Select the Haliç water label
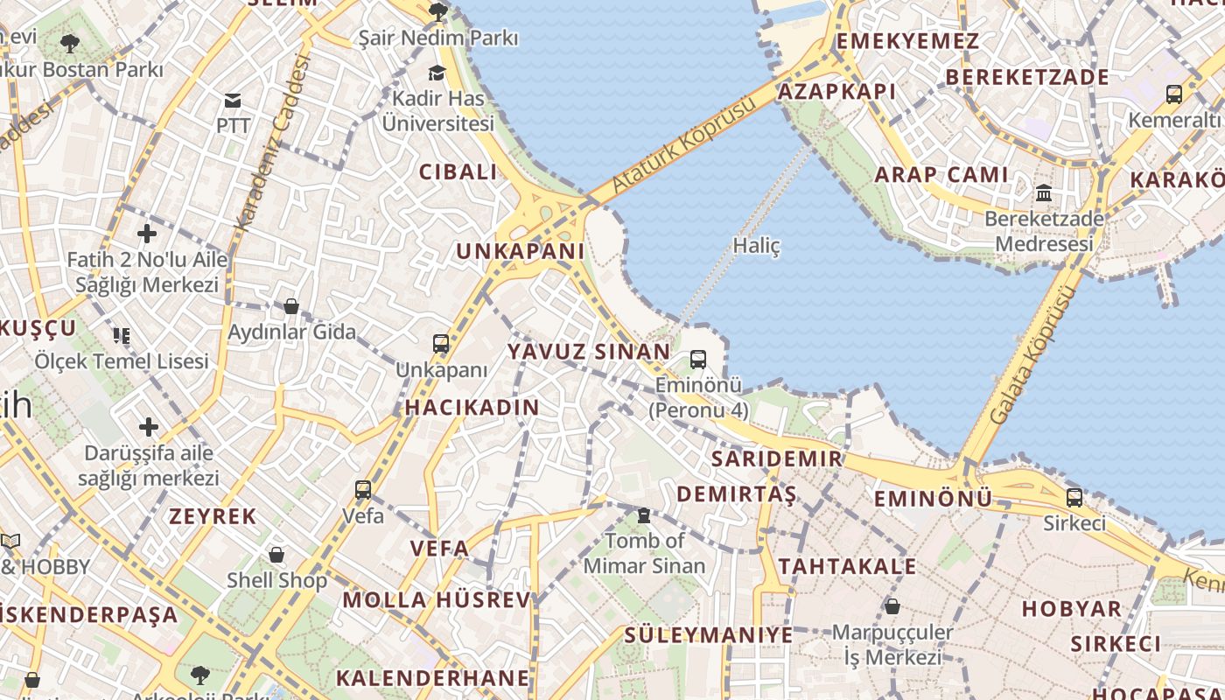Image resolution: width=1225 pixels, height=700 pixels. [x=757, y=246]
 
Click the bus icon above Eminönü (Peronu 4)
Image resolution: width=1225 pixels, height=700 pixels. [x=697, y=359]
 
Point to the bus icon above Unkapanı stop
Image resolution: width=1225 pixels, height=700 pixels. [x=441, y=344]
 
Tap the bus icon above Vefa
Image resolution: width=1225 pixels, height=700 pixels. [x=363, y=490]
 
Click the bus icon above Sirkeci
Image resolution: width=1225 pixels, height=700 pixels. [x=1074, y=498]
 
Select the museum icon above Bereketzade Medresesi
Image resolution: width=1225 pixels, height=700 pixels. [x=1044, y=192]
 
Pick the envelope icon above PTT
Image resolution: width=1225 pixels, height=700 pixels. [x=233, y=101]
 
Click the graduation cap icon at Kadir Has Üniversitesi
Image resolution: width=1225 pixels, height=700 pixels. [x=437, y=73]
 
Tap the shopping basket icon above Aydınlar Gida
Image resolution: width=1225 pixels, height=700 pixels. [x=291, y=306]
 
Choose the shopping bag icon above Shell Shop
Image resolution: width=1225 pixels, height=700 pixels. [x=276, y=555]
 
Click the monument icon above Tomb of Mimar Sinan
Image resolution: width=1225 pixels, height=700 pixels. [x=644, y=515]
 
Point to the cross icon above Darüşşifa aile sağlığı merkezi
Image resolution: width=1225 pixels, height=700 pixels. [x=149, y=427]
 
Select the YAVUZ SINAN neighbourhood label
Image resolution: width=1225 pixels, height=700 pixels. [x=589, y=352]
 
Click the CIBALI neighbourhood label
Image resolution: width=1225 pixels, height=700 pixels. [x=458, y=172]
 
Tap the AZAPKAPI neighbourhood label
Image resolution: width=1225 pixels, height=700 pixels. [x=836, y=92]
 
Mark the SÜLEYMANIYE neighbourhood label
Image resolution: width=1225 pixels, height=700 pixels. [x=709, y=635]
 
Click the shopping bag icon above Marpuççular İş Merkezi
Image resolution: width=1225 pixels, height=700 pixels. [x=892, y=605]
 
